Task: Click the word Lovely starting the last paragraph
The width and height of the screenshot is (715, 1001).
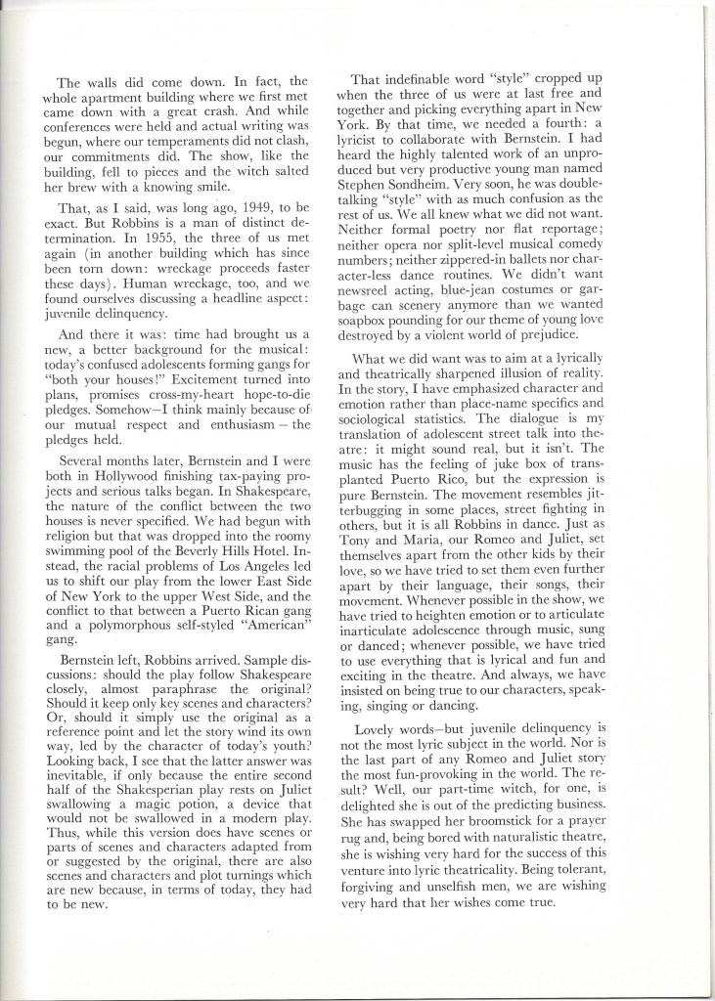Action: [x=378, y=728]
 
